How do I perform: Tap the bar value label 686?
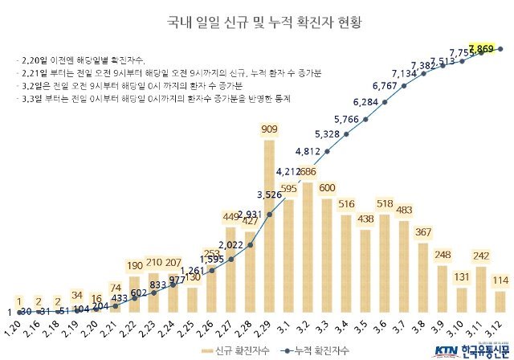[308, 172]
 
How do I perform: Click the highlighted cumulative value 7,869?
[481, 50]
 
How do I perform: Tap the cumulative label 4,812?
[308, 151]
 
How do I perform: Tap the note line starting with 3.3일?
[153, 99]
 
